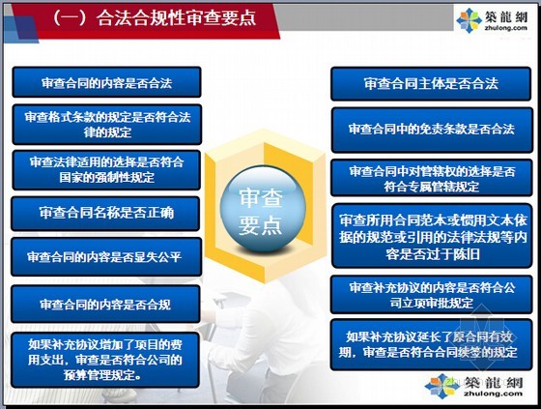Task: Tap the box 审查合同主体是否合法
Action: click(x=431, y=83)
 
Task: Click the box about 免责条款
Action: click(x=431, y=130)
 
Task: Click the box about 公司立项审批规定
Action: click(x=431, y=293)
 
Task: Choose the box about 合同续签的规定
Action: click(x=431, y=343)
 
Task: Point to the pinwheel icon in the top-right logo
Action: click(x=469, y=20)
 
